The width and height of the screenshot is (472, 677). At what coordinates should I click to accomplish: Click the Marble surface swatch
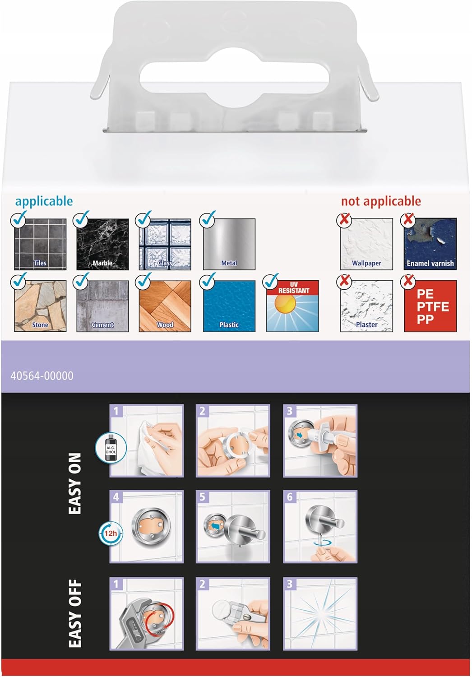(102, 244)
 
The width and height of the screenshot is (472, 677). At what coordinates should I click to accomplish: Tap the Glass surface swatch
(165, 244)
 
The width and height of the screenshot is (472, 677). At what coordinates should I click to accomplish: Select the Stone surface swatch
(40, 306)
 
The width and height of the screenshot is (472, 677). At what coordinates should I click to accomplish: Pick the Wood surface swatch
(165, 306)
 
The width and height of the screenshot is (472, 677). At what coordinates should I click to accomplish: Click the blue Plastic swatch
(229, 306)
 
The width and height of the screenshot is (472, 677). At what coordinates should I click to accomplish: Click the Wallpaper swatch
(366, 244)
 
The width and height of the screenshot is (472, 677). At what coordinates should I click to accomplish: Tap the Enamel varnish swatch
(430, 244)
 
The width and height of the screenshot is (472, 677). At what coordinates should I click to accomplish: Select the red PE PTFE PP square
(430, 306)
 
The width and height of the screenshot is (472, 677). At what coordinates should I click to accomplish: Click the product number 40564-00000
(42, 376)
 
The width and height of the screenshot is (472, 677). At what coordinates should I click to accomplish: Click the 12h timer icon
(111, 533)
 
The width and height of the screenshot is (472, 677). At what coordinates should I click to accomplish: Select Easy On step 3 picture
(320, 441)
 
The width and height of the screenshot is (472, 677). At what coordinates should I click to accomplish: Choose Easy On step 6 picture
(320, 527)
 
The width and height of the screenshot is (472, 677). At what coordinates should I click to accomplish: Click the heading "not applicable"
(381, 201)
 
